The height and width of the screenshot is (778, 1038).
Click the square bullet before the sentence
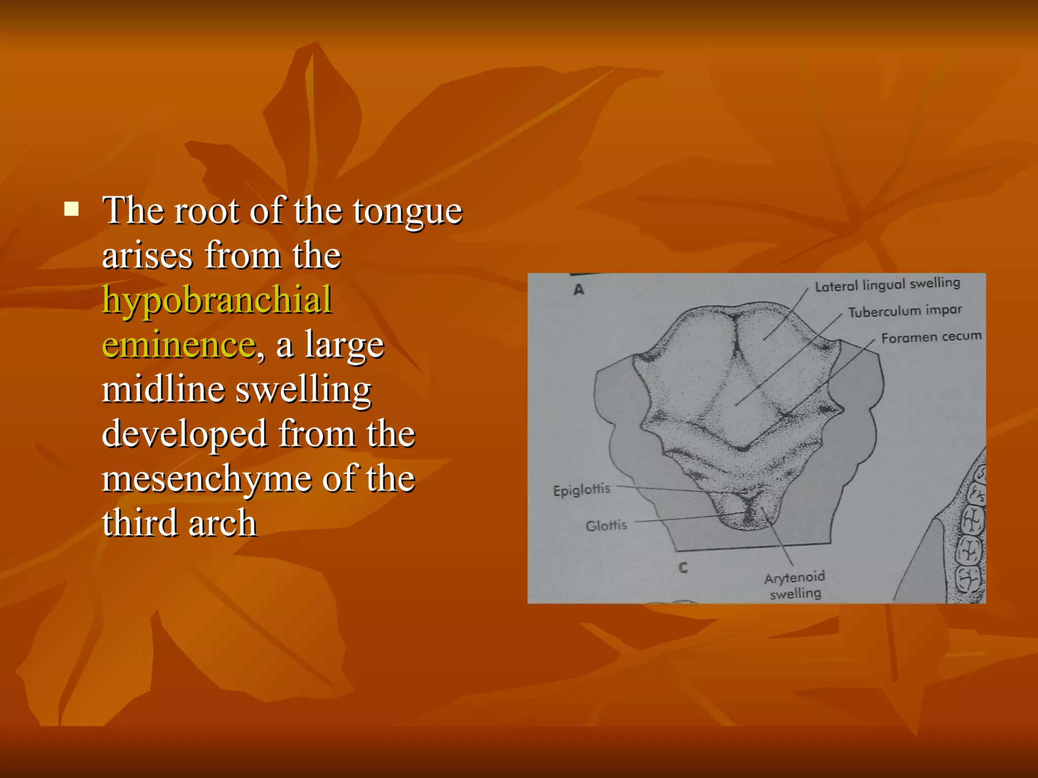click(71, 209)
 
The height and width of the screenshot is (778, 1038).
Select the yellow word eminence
click(179, 344)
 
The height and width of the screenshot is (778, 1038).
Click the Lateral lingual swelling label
click(887, 285)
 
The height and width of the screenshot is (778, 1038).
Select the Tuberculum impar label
click(905, 311)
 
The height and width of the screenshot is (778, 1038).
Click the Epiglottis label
click(581, 490)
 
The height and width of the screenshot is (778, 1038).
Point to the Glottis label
click(606, 525)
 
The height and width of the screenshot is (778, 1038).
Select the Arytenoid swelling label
click(794, 585)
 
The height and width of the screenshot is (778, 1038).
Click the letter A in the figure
click(579, 290)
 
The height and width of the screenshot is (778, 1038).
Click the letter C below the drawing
click(683, 568)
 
